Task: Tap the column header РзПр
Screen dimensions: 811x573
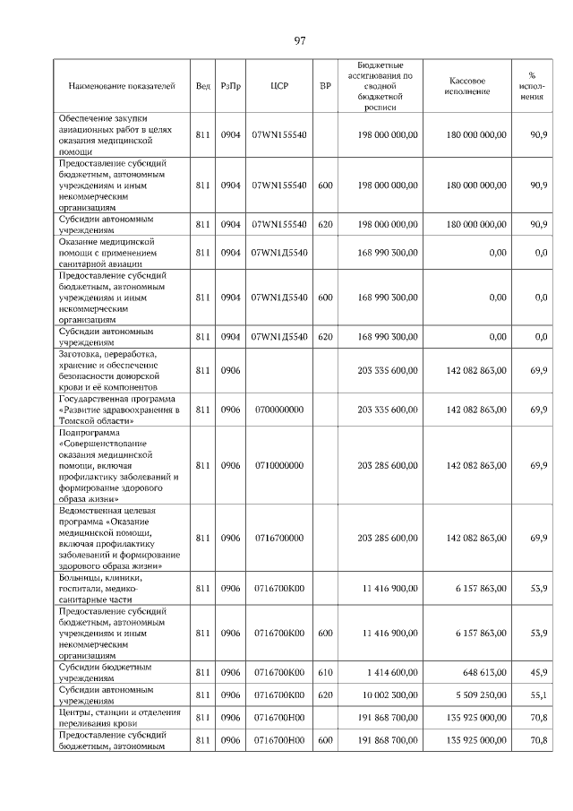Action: tap(231, 86)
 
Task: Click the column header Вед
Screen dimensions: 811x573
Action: tap(202, 86)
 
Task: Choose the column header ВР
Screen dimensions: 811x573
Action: tap(325, 86)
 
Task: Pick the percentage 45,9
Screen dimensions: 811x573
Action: tap(538, 672)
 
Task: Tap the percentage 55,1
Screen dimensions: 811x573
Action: tap(538, 695)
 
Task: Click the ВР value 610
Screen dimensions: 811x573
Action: tap(325, 672)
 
